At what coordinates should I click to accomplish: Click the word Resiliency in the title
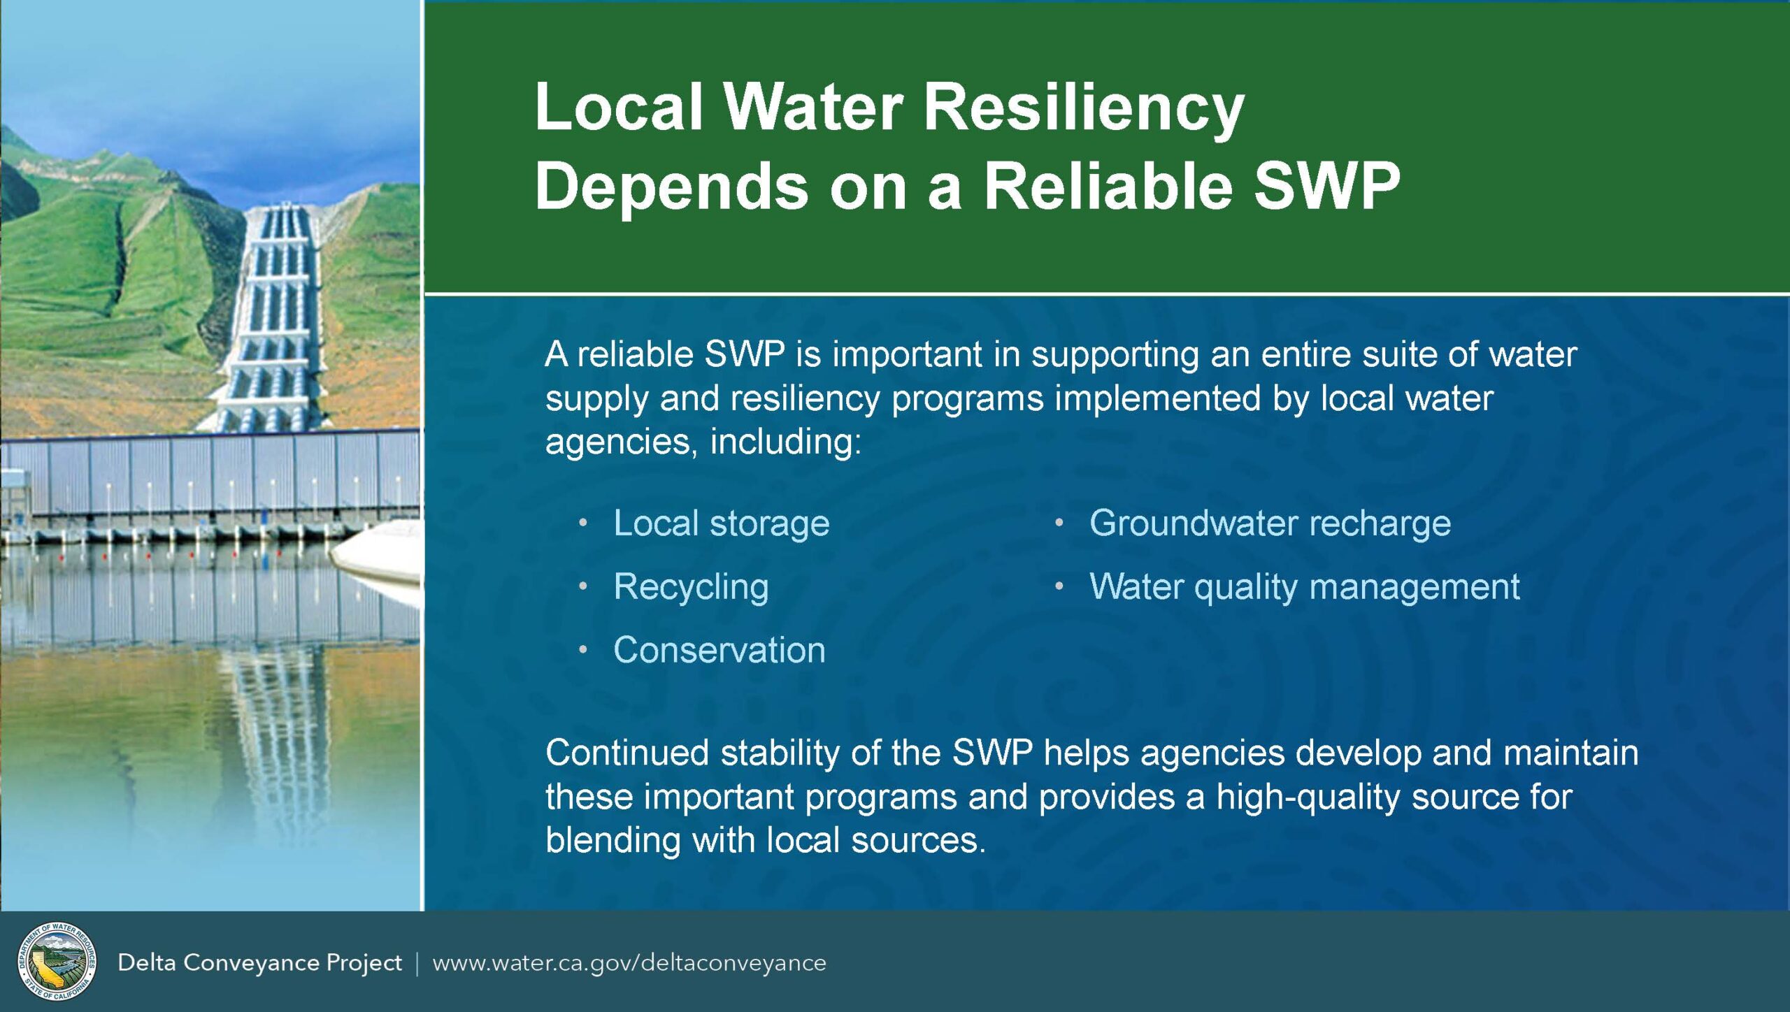(1083, 108)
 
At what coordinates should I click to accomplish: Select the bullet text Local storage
(721, 523)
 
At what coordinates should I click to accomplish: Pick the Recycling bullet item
(691, 586)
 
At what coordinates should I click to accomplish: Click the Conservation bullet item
(719, 650)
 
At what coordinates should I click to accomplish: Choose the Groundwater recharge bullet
(1270, 523)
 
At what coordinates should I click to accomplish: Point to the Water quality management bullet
(1304, 586)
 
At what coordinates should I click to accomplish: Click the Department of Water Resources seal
(57, 961)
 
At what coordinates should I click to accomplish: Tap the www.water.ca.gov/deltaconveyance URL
(629, 963)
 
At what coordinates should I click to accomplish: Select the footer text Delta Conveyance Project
(259, 963)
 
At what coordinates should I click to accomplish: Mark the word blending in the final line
(613, 840)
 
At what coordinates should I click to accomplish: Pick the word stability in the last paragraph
(780, 753)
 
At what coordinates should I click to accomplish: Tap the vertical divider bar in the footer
(417, 963)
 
